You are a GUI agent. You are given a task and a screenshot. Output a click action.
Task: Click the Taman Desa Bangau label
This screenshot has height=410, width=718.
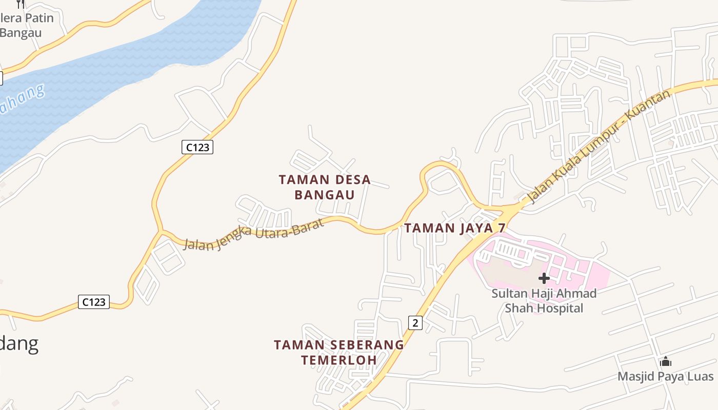click(325, 187)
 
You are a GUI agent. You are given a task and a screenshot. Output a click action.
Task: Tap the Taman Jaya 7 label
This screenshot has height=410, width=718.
click(454, 228)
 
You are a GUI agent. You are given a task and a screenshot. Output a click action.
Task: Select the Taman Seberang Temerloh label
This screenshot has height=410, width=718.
click(338, 352)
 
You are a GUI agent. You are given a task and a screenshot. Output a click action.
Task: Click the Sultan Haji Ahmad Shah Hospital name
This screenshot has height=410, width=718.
click(544, 301)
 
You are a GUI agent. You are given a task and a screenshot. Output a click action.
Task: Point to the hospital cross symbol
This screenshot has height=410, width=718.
click(544, 279)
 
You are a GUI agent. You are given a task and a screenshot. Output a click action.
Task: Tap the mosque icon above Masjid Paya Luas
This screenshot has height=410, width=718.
click(666, 362)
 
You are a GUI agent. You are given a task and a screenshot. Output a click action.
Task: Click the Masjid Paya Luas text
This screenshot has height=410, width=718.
click(665, 377)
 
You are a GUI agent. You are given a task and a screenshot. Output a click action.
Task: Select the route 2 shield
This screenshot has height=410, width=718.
click(415, 322)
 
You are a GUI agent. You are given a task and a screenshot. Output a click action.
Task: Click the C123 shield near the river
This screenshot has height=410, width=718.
click(197, 148)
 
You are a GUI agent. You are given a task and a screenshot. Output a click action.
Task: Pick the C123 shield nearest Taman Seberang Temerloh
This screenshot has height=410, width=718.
click(94, 302)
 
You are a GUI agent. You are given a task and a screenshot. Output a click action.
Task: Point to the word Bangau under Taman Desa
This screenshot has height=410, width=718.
click(325, 195)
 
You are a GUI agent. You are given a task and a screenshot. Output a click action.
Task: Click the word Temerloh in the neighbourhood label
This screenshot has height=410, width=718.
click(338, 360)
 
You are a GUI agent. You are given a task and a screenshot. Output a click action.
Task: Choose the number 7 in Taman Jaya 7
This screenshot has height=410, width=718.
click(502, 228)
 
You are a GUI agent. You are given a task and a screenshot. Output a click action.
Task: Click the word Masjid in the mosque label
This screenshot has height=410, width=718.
click(635, 377)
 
